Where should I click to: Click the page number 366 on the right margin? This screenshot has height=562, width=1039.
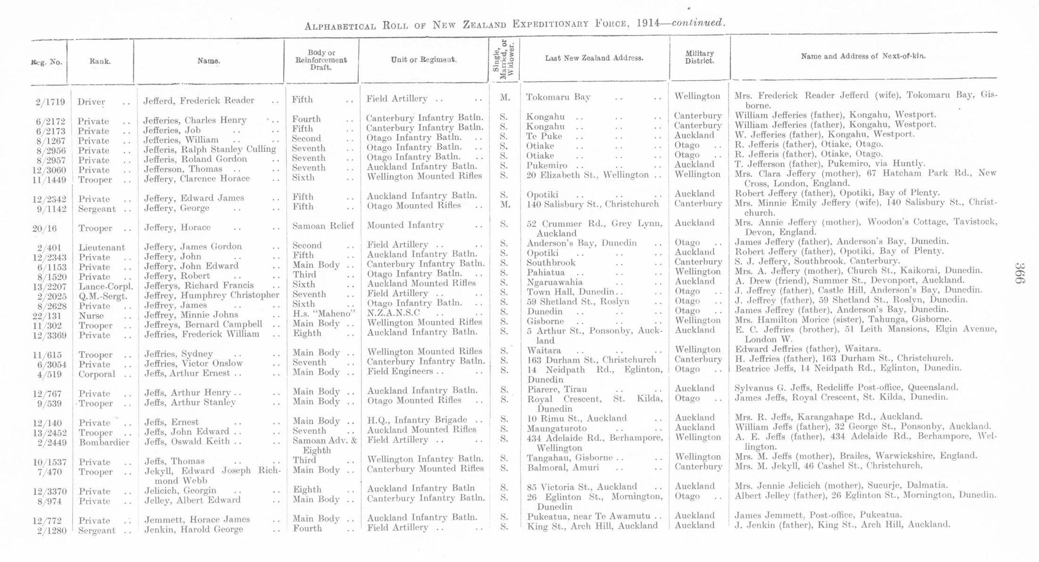[1019, 273]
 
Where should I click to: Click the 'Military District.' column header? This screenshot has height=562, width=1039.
[699, 57]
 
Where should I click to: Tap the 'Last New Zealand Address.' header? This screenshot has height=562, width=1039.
[594, 58]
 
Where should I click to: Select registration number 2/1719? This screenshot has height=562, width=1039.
[50, 102]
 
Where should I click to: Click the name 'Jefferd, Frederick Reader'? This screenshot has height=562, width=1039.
[198, 100]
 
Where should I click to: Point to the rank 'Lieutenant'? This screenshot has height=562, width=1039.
[102, 248]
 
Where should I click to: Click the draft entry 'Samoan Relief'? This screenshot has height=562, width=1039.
[323, 226]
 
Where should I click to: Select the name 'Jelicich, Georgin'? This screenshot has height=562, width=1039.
[180, 490]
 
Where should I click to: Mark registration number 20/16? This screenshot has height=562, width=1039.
[44, 229]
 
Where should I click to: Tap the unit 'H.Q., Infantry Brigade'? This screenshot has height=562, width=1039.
[417, 420]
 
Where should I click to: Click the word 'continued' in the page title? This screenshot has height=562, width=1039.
[696, 23]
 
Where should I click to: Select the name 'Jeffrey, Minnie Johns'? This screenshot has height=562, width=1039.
[191, 314]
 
